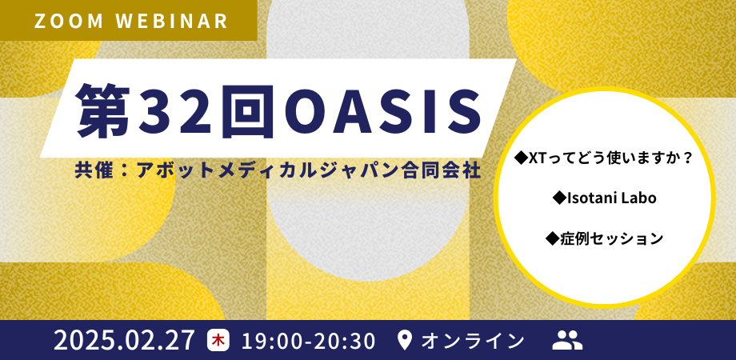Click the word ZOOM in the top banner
coord(66,21)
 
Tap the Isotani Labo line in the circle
coord(611,198)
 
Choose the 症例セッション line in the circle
coord(611,238)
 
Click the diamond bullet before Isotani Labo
coord(559,198)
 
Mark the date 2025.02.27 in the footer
coord(124,340)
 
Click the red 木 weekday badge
coord(217,340)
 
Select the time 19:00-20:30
coord(307,340)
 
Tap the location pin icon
coord(405,340)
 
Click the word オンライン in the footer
coord(473,340)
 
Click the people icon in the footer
coord(567,340)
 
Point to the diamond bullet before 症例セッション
coord(551,238)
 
